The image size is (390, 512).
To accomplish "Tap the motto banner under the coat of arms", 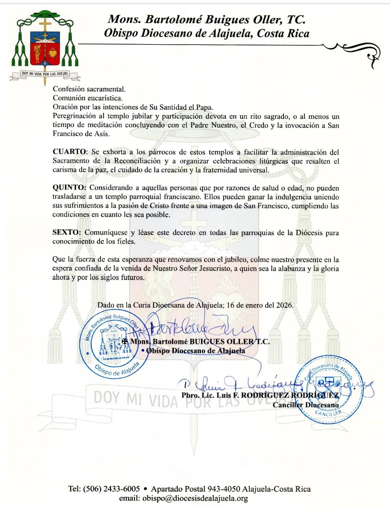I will pos(45,74).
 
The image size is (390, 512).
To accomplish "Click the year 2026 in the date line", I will pos(284,305).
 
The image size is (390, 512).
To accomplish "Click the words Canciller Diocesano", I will pos(305,405).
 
